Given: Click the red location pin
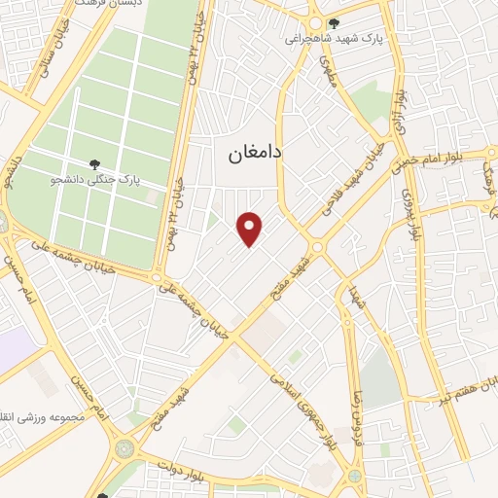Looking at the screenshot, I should coord(251,229).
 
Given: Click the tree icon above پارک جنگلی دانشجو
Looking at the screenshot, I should coord(93,164).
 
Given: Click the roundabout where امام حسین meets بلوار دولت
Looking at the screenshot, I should coord(124,448).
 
